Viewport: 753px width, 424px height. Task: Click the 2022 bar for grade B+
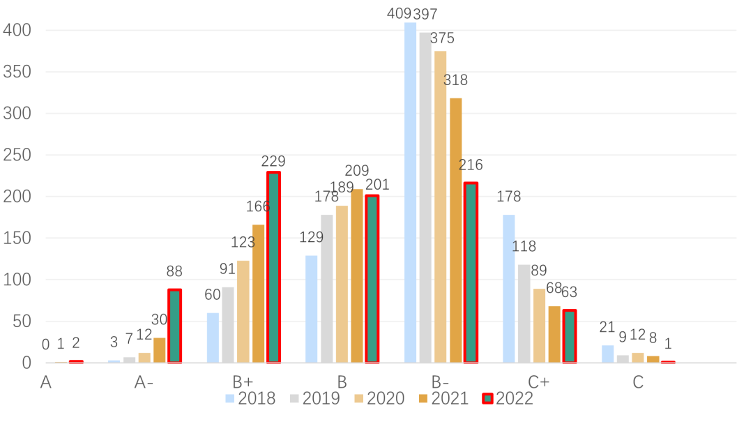[273, 268]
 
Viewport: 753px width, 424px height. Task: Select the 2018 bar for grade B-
[410, 192]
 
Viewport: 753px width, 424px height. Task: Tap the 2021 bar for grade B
[357, 276]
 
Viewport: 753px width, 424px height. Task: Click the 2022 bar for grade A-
[174, 326]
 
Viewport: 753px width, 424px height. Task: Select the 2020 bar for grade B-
[441, 207]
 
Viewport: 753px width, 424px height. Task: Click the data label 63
[571, 291]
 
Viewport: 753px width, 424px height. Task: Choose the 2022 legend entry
[508, 399]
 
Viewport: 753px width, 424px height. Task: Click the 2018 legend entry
[250, 399]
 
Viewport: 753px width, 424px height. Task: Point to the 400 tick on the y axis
[17, 30]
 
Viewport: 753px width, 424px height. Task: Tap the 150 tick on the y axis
[17, 238]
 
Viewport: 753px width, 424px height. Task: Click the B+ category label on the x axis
[243, 382]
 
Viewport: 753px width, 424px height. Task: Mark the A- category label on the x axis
[145, 382]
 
